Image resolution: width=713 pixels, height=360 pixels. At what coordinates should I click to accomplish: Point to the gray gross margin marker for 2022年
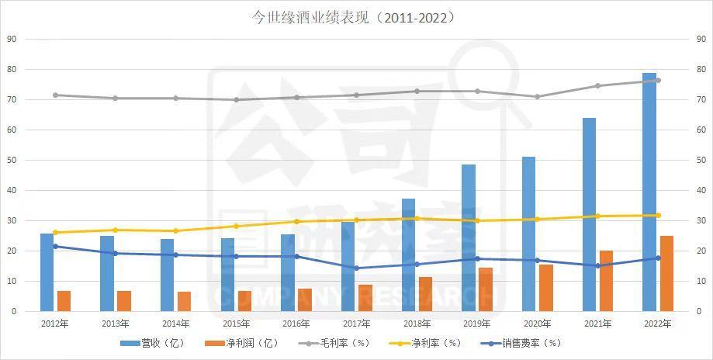(658, 81)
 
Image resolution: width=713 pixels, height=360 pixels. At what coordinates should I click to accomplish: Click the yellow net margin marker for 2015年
(236, 227)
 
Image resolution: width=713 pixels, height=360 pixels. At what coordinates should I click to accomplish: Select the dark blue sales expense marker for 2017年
(357, 268)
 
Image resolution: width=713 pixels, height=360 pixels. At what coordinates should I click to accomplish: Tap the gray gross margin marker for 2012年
(55, 95)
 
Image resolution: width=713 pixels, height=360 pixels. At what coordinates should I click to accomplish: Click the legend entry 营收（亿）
(152, 342)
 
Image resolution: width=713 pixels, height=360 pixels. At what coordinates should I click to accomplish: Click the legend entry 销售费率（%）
(520, 342)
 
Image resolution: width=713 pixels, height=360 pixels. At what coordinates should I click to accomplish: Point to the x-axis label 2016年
(296, 323)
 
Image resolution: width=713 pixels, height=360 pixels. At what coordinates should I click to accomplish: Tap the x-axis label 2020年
(538, 323)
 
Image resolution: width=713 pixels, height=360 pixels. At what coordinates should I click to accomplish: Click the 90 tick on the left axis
(12, 39)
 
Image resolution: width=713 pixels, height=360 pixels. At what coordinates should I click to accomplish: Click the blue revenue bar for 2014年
(167, 275)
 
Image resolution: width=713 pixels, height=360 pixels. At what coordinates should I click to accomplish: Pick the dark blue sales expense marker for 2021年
(597, 266)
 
